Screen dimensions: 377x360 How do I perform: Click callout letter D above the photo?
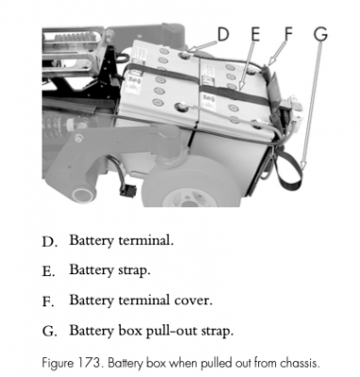point(223,34)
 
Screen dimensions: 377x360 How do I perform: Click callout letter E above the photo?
point(255,34)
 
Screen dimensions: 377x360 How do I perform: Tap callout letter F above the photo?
point(288,34)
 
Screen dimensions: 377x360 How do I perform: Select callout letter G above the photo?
point(320,34)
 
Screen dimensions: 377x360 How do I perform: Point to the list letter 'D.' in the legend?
point(50,240)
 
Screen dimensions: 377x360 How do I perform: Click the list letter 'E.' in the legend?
point(50,270)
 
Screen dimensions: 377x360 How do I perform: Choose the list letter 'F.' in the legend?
point(50,302)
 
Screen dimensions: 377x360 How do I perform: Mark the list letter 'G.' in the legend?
point(50,332)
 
